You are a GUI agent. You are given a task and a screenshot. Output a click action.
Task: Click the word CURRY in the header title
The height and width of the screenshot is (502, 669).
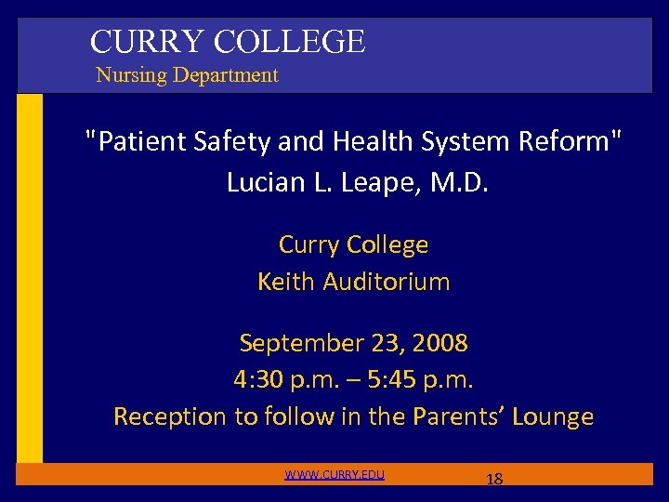(x=148, y=42)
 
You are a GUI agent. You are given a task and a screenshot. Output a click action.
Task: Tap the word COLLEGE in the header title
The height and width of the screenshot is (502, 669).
(x=289, y=42)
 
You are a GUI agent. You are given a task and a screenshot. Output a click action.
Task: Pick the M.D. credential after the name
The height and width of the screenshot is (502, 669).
(x=454, y=182)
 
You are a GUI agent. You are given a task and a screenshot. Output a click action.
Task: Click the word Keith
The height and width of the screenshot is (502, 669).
(x=286, y=282)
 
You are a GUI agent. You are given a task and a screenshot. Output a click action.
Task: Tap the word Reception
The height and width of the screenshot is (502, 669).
(x=170, y=416)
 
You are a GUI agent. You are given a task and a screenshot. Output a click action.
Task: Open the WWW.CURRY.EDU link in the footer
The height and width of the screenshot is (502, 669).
(x=334, y=475)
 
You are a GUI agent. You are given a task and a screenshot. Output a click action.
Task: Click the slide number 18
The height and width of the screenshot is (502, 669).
(x=494, y=480)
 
